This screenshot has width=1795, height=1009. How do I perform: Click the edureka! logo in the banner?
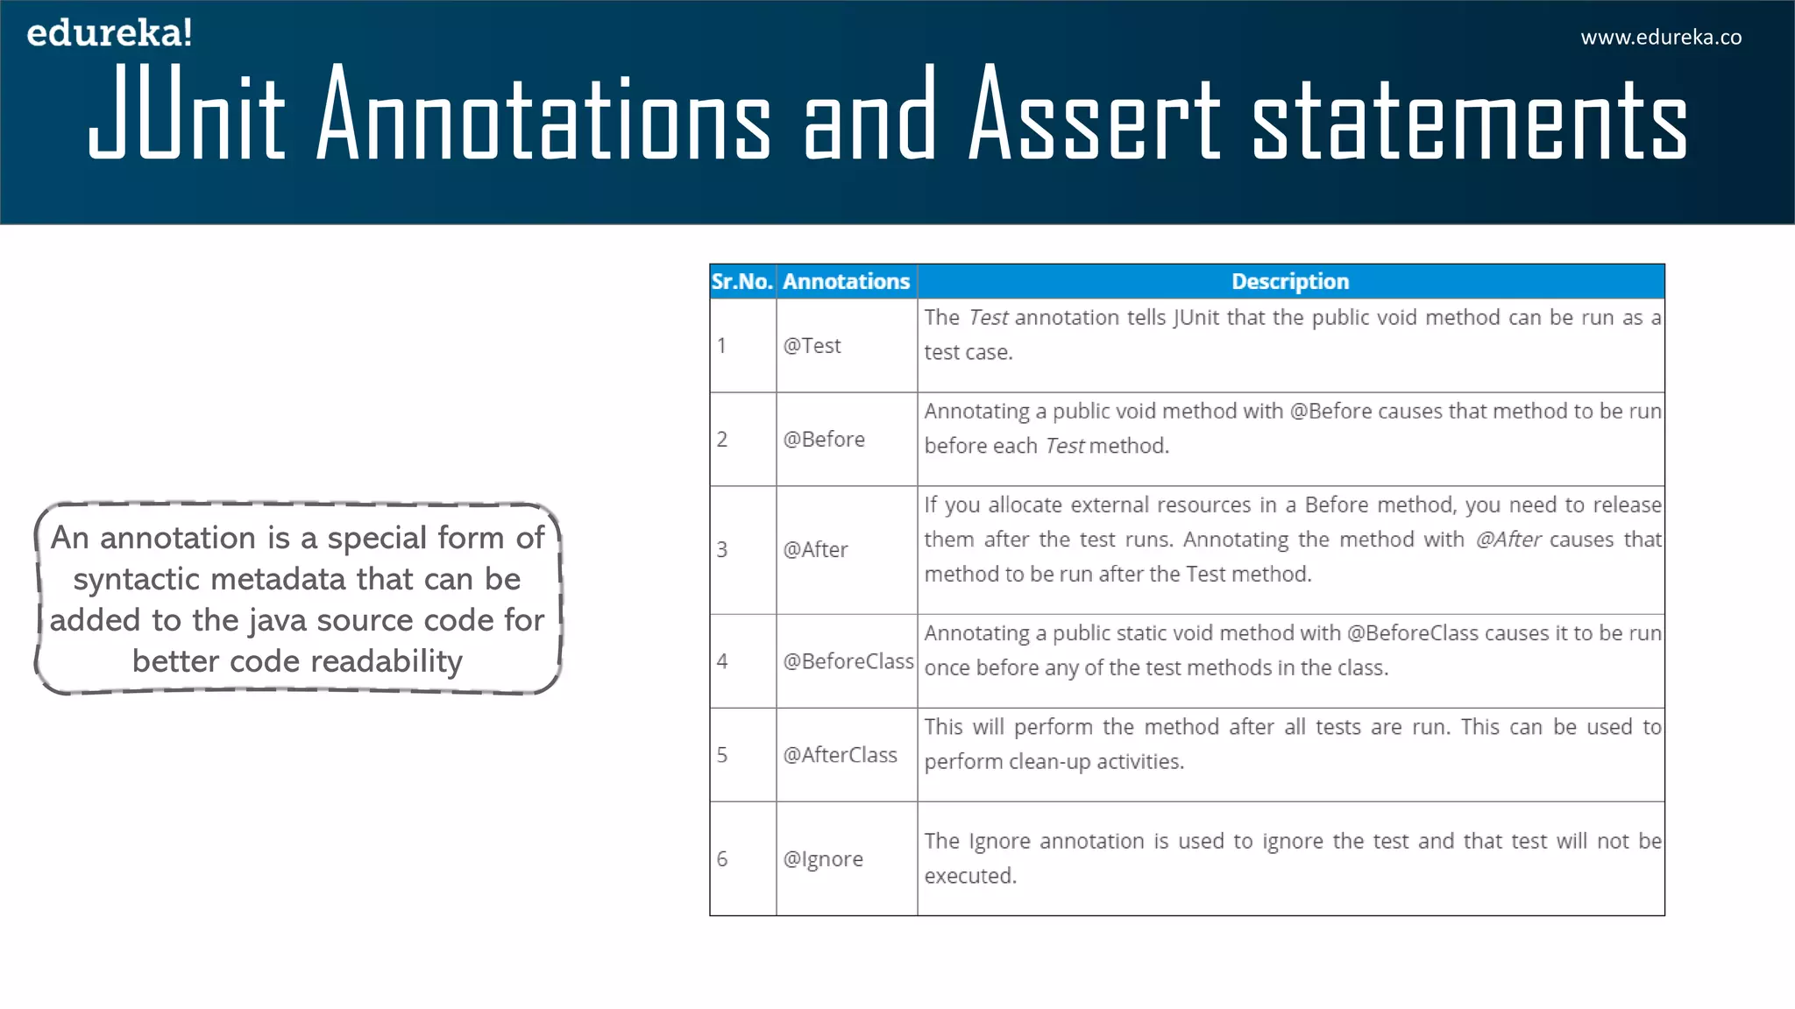[109, 33]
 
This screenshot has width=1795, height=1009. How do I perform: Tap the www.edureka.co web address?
[1661, 38]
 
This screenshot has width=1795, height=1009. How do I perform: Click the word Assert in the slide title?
[1095, 115]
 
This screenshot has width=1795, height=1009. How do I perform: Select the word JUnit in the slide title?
[187, 115]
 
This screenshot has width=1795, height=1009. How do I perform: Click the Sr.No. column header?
[741, 281]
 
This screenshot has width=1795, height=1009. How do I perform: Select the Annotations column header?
[846, 281]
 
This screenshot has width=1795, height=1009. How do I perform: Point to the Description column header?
[1289, 281]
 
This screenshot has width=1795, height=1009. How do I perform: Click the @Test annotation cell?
[812, 346]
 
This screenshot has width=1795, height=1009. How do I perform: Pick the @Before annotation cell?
[824, 439]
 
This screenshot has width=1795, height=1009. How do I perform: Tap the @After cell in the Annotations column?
[815, 550]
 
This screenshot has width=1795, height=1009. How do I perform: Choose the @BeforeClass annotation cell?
[848, 661]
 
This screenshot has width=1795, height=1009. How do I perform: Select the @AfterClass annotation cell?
[840, 755]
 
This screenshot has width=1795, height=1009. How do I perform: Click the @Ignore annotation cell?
[822, 859]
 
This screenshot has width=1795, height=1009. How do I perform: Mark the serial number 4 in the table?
[722, 661]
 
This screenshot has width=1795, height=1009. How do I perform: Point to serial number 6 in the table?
[722, 859]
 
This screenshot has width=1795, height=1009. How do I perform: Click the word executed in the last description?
[968, 876]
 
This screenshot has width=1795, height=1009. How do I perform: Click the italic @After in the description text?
[1508, 540]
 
